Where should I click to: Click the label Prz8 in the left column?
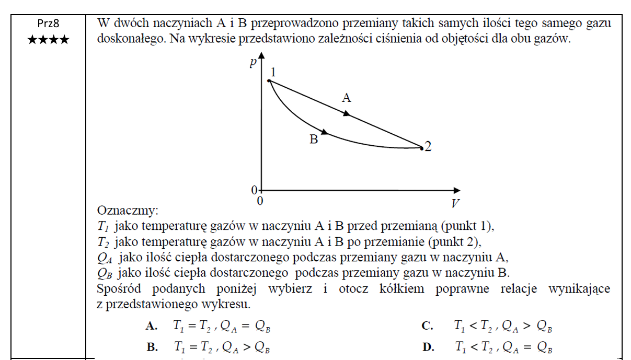[x=48, y=25]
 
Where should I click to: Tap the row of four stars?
[x=48, y=40]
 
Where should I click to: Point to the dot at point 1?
[x=269, y=80]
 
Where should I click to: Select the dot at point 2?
[x=421, y=148]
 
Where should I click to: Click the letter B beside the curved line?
[x=314, y=140]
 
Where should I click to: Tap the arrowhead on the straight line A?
[x=346, y=113]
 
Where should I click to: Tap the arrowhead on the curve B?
[x=324, y=132]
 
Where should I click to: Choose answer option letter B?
[x=152, y=347]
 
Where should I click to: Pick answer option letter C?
[x=427, y=327]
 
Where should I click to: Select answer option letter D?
[x=427, y=347]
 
